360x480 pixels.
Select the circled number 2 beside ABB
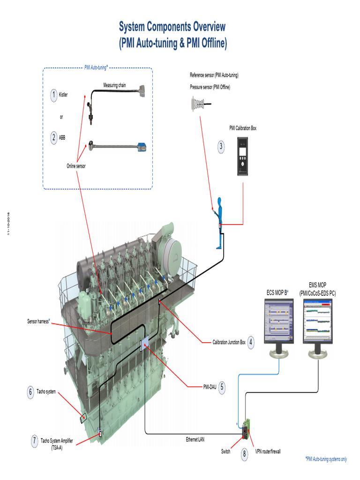(x=54, y=138)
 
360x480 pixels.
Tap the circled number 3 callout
(x=221, y=147)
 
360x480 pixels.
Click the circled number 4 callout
(x=252, y=342)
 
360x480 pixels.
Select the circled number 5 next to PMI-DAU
(x=221, y=387)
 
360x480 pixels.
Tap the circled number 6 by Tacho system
(x=31, y=392)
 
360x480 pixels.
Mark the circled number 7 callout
(x=35, y=441)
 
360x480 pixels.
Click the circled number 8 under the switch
(x=244, y=454)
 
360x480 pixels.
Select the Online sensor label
(x=76, y=166)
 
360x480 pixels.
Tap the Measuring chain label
(x=114, y=85)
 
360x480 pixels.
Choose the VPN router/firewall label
(x=268, y=452)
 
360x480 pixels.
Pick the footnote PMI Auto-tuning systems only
(x=326, y=459)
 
